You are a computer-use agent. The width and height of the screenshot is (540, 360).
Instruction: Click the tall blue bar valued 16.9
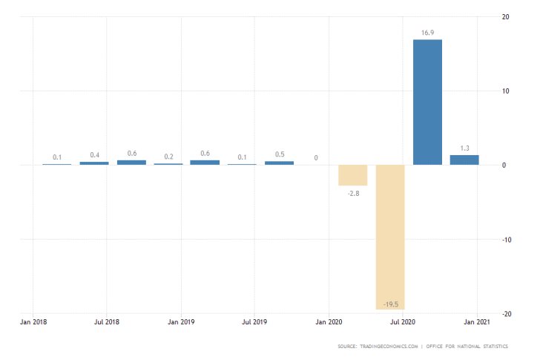click(x=427, y=102)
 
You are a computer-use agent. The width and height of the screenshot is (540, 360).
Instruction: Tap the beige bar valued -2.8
click(x=353, y=175)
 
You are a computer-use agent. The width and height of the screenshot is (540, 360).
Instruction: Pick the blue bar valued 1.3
click(x=464, y=160)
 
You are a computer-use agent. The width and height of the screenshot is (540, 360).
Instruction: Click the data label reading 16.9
click(x=427, y=33)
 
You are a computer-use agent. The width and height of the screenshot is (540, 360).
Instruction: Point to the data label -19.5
click(x=390, y=304)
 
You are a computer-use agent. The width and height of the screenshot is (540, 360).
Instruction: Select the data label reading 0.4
click(x=94, y=155)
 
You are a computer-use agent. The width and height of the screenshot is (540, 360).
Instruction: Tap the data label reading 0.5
click(x=279, y=154)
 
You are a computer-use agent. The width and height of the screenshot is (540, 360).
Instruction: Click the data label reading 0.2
click(x=168, y=157)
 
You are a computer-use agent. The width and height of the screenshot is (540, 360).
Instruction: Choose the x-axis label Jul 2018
click(x=107, y=322)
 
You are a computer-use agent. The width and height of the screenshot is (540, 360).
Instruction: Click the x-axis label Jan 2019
click(x=181, y=322)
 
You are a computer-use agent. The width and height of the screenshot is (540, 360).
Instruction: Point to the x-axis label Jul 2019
click(x=254, y=322)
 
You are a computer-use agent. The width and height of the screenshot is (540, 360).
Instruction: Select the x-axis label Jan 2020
click(x=329, y=322)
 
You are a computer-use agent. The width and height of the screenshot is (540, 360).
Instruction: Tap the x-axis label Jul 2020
click(x=403, y=322)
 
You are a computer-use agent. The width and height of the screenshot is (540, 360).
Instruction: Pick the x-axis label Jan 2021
click(x=476, y=322)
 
